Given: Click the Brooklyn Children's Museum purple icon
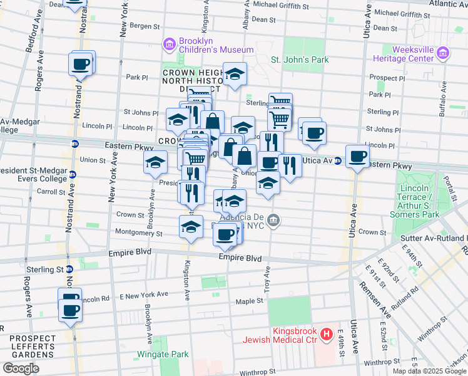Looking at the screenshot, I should [169, 44].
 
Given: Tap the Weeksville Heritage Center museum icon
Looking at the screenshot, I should [443, 53].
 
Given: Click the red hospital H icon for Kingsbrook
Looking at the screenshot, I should [326, 335].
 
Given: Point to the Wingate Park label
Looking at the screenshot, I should [163, 354].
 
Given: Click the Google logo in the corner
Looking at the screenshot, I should [21, 368].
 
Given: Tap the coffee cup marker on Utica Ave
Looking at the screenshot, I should [357, 156].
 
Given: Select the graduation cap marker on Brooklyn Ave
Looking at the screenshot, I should [155, 163].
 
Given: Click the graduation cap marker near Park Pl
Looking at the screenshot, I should [235, 75].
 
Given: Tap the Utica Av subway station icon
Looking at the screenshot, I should [338, 161].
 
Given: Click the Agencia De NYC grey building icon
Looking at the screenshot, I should [273, 220].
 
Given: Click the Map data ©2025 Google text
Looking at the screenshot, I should [429, 371].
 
